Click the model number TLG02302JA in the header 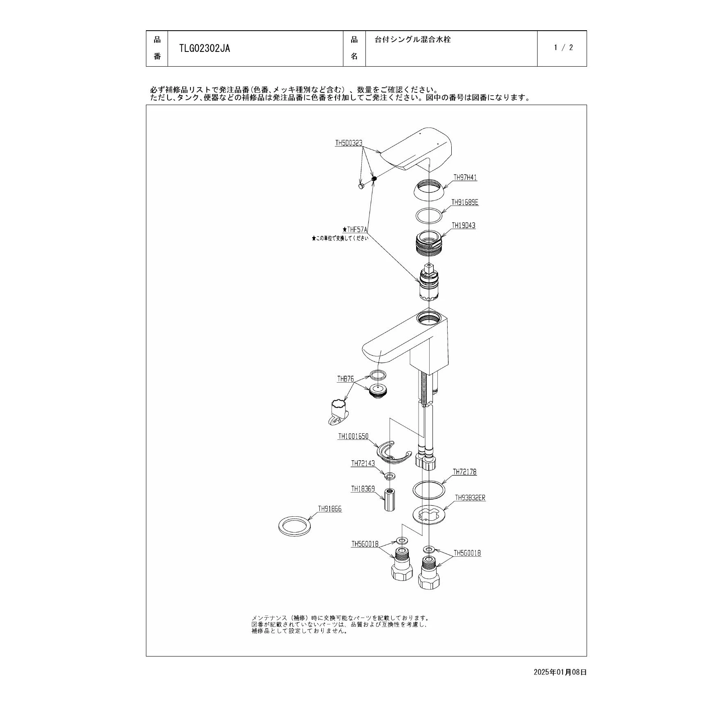coord(204,48)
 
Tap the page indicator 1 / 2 coord(563,47)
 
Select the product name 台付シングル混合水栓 coord(412,40)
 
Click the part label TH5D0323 coord(349,143)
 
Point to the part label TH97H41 coord(465,177)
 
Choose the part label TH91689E coord(465,202)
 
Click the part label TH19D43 coord(464,225)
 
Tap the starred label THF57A coord(355,230)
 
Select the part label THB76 coord(345,379)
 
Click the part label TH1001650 coord(353,437)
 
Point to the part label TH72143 coord(363,464)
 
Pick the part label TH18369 coord(363,489)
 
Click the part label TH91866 coord(330,509)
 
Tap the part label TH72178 coord(465,472)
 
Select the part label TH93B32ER coord(471,498)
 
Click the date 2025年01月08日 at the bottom coord(560,672)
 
